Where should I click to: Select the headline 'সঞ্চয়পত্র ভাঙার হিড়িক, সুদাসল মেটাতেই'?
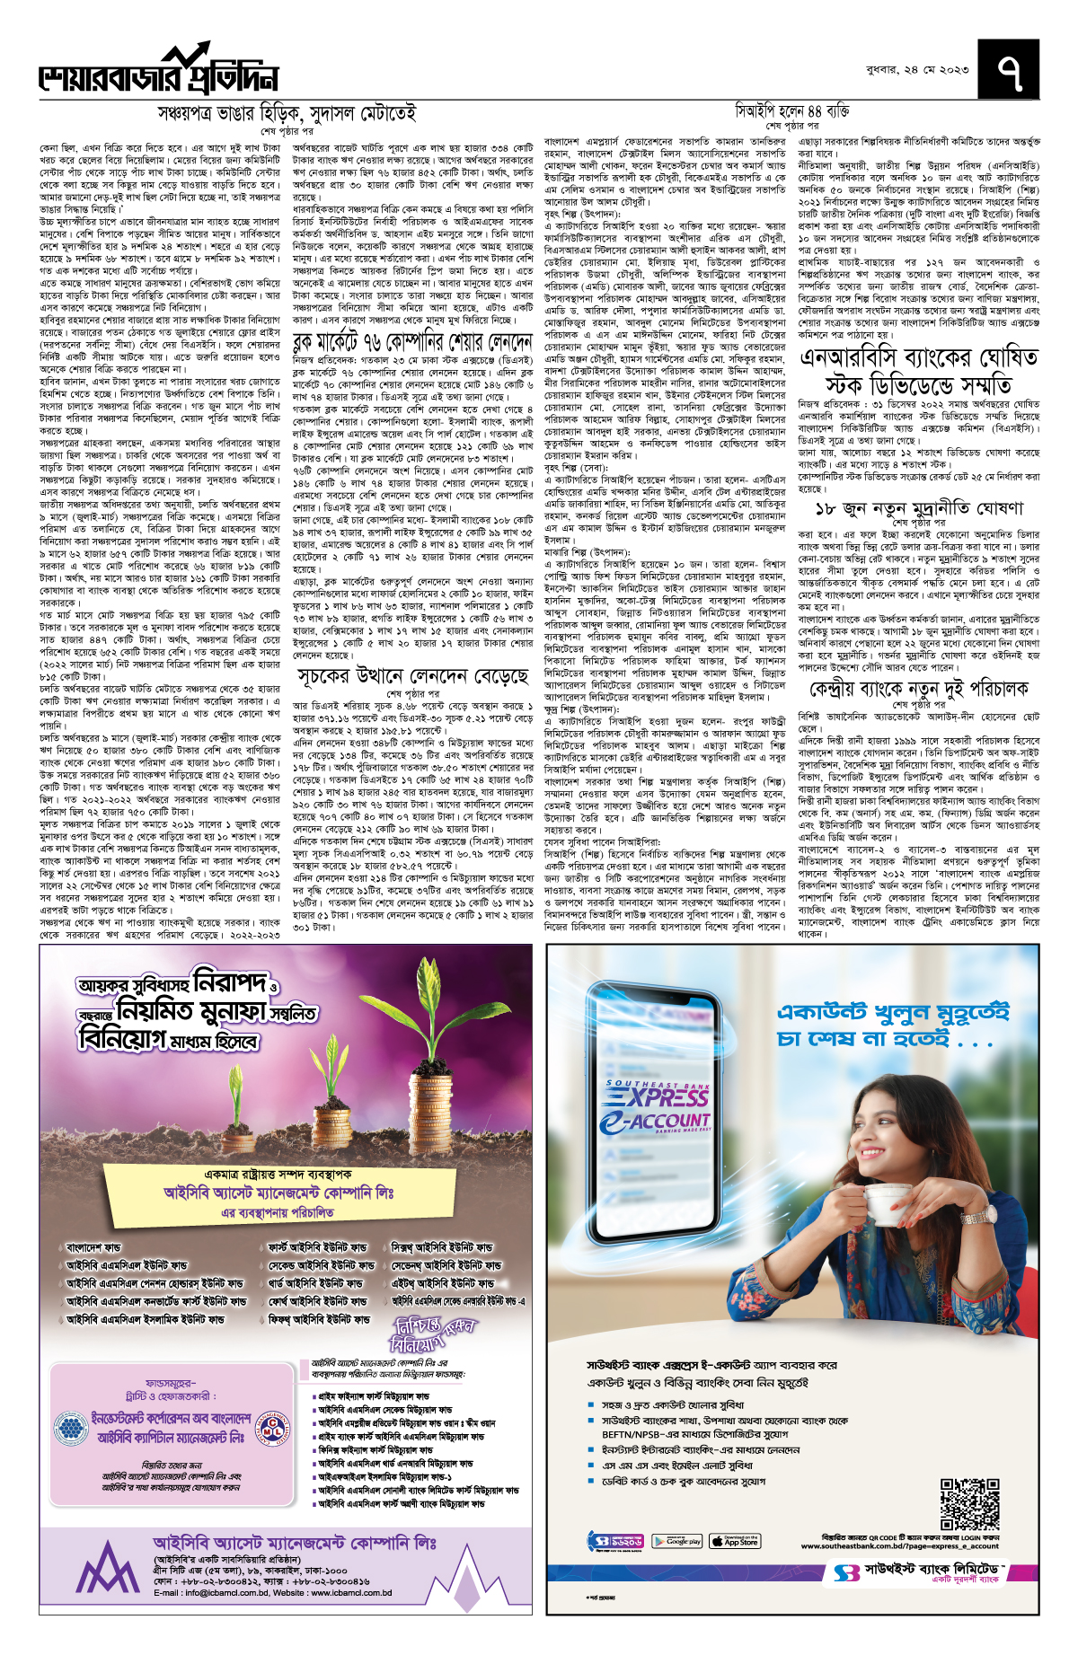click(x=287, y=114)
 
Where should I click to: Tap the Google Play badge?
click(x=676, y=1541)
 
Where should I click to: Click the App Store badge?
click(x=734, y=1541)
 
